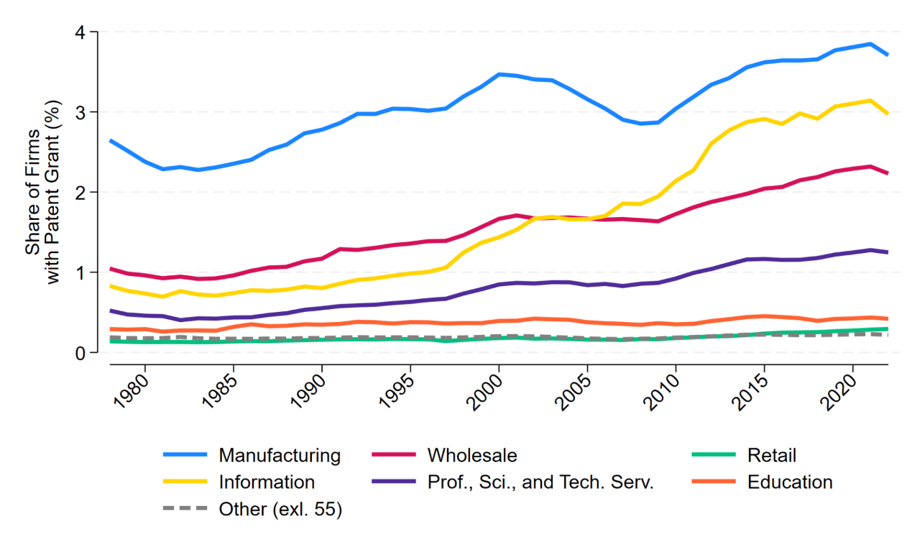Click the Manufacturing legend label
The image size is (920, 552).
280,456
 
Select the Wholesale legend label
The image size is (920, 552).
472,455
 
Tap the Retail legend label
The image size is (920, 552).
772,455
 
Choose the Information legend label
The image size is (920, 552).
267,482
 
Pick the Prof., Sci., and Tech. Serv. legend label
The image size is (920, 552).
540,482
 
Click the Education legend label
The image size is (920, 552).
790,482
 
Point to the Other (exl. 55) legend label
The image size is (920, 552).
280,510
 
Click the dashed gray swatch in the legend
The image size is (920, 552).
185,508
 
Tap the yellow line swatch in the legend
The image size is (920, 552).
185,482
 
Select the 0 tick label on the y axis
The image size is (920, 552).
80,353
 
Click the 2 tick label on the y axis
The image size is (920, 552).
80,192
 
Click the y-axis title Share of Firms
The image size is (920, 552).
33,192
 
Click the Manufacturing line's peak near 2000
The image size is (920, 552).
499,74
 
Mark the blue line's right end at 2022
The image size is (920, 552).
888,55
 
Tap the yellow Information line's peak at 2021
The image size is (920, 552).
870,100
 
